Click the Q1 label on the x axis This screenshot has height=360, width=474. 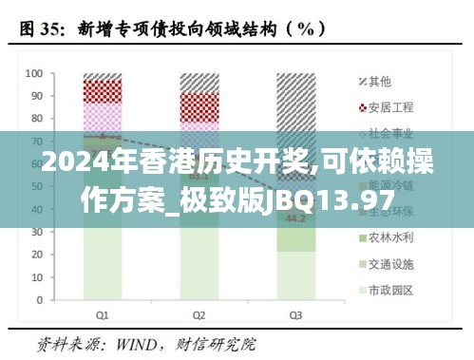click(102, 314)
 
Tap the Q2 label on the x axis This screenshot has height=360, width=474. click(199, 314)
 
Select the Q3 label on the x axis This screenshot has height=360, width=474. click(295, 314)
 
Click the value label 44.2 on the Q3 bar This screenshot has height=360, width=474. click(295, 219)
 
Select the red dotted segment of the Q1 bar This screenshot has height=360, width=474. click(102, 90)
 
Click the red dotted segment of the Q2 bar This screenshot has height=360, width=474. click(199, 104)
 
